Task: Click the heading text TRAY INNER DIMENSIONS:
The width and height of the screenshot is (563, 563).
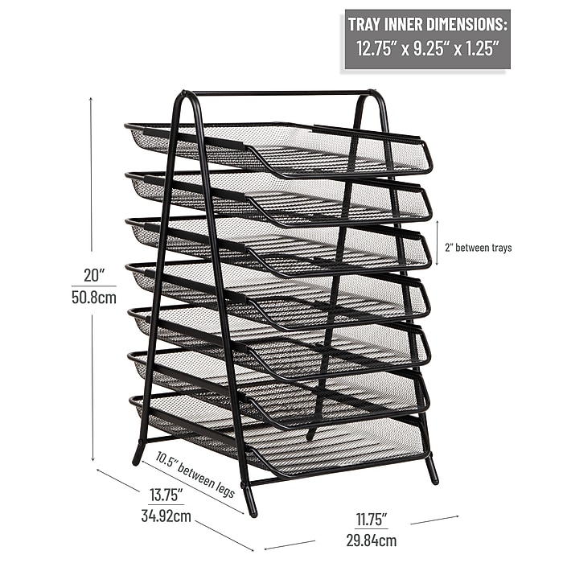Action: click(x=427, y=24)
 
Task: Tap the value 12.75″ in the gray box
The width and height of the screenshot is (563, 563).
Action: click(x=376, y=48)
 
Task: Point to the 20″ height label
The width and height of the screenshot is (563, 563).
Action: click(x=94, y=275)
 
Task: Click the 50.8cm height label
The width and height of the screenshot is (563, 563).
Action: click(x=94, y=298)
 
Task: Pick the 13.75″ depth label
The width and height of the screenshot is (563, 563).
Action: click(x=166, y=495)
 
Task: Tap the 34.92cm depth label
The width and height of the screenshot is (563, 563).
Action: click(x=166, y=516)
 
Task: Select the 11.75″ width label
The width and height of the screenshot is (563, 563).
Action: click(x=372, y=520)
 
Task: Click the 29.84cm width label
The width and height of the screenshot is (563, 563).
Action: click(x=372, y=540)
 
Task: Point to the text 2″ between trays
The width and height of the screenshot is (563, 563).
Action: click(x=479, y=248)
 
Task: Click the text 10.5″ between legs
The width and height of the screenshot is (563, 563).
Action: click(x=195, y=475)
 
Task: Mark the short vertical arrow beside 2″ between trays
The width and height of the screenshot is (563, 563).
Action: click(x=437, y=243)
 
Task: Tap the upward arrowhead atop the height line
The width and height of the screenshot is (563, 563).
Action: click(x=91, y=98)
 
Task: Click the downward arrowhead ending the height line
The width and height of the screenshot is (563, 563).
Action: click(x=93, y=458)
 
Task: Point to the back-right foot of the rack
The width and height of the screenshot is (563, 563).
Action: click(x=311, y=434)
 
